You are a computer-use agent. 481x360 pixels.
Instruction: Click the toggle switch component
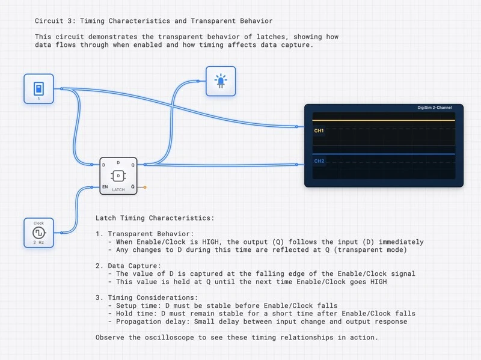(38, 89)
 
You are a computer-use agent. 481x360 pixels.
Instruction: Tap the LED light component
(221, 81)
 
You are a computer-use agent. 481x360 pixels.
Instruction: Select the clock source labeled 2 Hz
(38, 233)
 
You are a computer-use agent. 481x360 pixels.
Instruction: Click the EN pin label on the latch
(105, 187)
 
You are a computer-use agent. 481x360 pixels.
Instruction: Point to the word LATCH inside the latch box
(118, 189)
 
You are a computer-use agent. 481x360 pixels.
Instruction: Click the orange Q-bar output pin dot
(144, 188)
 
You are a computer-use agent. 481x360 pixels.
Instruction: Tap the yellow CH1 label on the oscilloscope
(319, 130)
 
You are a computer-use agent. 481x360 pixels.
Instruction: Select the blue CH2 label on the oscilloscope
(319, 161)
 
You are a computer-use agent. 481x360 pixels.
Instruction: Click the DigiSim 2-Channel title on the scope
(434, 108)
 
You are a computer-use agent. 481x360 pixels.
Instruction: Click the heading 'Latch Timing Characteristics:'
(155, 218)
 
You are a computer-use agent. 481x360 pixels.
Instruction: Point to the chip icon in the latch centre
(118, 175)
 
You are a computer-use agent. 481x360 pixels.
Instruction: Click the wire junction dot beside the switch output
(62, 88)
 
